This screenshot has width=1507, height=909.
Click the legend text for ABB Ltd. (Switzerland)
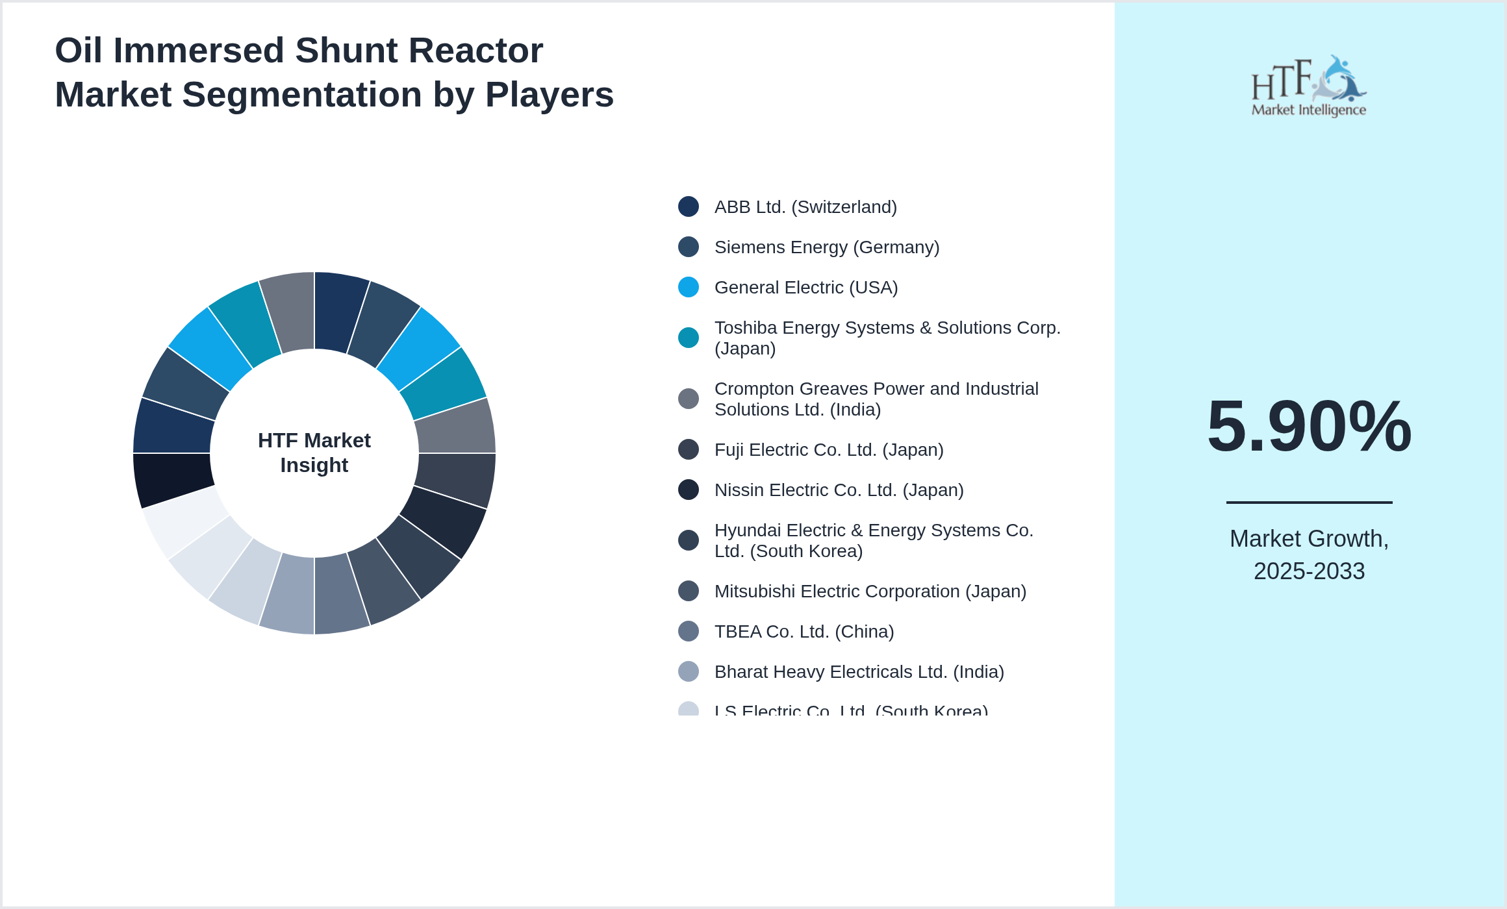(x=805, y=207)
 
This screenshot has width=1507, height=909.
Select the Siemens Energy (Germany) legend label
(x=826, y=247)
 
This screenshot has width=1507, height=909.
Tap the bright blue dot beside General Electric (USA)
(x=689, y=287)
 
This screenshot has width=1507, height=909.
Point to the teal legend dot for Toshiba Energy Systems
(x=689, y=338)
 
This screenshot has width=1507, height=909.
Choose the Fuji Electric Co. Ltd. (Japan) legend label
(x=828, y=450)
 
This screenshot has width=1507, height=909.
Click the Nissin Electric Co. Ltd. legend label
(x=839, y=490)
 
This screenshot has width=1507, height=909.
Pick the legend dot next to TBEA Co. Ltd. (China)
(x=689, y=631)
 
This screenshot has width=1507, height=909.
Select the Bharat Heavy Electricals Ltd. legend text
(x=859, y=672)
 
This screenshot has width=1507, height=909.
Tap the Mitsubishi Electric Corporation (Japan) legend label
(x=870, y=591)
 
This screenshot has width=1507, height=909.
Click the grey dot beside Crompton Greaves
(x=689, y=399)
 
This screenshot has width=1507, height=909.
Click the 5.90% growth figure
(x=1309, y=427)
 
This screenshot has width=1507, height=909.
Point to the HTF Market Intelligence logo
(x=1309, y=86)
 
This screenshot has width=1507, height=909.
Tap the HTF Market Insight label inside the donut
(x=314, y=453)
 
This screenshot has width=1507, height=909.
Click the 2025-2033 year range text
(x=1309, y=571)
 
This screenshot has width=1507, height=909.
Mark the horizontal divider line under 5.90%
(x=1309, y=502)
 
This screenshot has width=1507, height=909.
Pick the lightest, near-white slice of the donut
(x=183, y=521)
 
